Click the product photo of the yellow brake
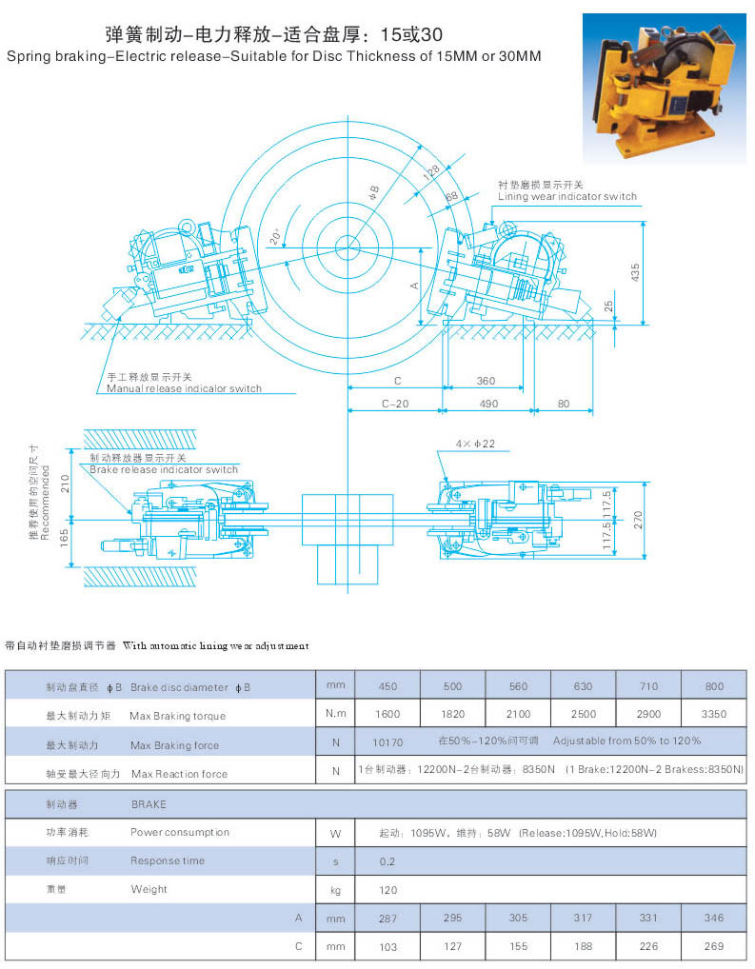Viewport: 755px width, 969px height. pyautogui.click(x=664, y=87)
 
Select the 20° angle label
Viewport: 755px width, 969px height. pyautogui.click(x=275, y=237)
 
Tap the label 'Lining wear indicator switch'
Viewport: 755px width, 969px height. pyautogui.click(x=567, y=196)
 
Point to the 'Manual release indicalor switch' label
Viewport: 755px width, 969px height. pyautogui.click(x=184, y=388)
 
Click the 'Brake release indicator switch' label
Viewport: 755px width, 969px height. pyautogui.click(x=164, y=469)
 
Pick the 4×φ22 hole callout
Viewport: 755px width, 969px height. pyautogui.click(x=474, y=444)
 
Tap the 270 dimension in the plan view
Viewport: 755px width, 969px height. pyautogui.click(x=639, y=519)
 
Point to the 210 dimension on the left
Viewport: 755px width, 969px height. pyautogui.click(x=66, y=483)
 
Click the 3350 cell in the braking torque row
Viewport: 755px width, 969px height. pyautogui.click(x=713, y=714)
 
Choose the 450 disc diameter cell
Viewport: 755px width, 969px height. pyautogui.click(x=387, y=686)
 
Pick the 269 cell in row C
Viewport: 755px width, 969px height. pyautogui.click(x=713, y=946)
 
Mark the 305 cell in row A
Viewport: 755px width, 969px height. pyautogui.click(x=518, y=918)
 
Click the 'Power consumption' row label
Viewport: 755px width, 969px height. pyautogui.click(x=180, y=832)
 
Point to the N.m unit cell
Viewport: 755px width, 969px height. pyautogui.click(x=335, y=714)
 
